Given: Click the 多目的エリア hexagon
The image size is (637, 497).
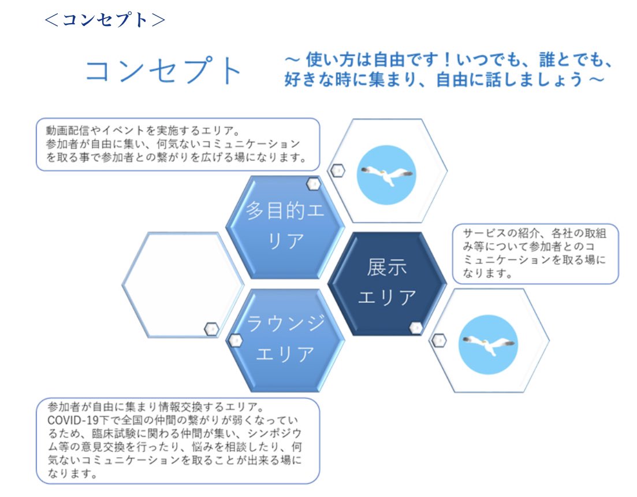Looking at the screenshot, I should (x=285, y=226).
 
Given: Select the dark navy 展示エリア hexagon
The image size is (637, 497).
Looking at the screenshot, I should (x=387, y=283).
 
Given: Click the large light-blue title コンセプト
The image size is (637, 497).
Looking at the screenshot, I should (x=164, y=72).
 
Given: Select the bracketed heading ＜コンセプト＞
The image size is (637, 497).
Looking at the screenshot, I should (x=105, y=20).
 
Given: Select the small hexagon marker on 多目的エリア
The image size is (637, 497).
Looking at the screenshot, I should (x=313, y=184).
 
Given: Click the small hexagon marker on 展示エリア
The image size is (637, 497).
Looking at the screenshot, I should (x=416, y=328).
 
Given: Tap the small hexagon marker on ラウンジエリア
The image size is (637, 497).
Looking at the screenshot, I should (x=235, y=340).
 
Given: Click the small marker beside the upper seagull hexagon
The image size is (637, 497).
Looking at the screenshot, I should (x=337, y=170).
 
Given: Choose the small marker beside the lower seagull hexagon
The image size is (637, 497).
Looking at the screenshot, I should (x=439, y=340).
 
